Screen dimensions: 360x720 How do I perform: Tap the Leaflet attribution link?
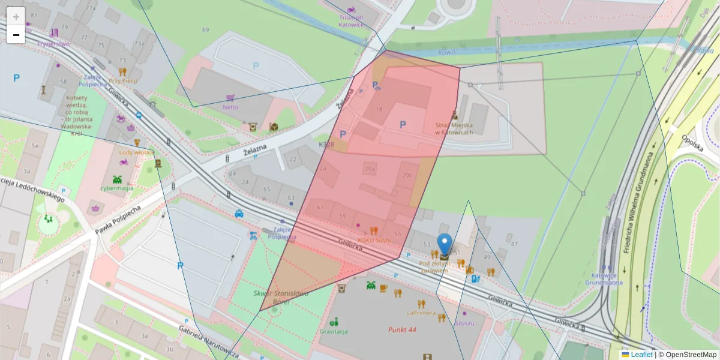tap(641, 355)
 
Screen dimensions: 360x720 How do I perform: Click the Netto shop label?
tap(230, 107)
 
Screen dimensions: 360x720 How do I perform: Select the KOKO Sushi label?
tap(374, 240)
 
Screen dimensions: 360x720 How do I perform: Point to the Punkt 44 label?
tap(402, 329)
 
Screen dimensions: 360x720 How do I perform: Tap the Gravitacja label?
tap(334, 331)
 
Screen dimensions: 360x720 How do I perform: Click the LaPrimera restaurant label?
tap(421, 313)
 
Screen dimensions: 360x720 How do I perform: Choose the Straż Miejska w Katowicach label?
tap(454, 128)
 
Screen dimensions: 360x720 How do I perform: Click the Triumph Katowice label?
tap(351, 21)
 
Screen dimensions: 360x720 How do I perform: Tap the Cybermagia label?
tap(116, 188)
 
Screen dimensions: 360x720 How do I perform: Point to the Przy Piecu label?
tap(123, 80)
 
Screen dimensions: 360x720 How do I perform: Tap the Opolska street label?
tap(691, 144)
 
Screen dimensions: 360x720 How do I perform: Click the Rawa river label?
tap(446, 52)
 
